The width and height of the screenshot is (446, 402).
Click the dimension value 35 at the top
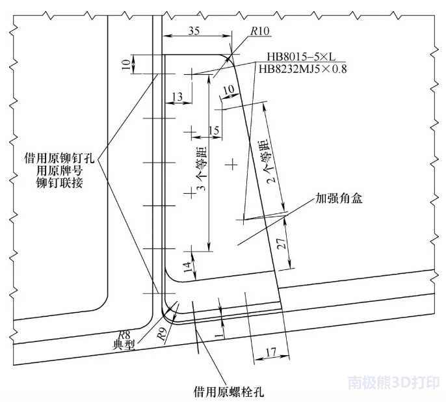[x=194, y=31]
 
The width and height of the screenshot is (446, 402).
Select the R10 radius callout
[x=259, y=31]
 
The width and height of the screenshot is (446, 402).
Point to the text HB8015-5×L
[x=301, y=57]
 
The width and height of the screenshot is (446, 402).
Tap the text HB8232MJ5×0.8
[x=303, y=69]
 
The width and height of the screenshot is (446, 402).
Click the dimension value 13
[x=177, y=97]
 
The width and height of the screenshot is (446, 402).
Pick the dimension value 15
[x=214, y=130]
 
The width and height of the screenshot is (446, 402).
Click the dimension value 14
[x=187, y=267]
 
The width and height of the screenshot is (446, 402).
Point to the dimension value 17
[x=270, y=352]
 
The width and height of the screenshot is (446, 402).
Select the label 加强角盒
[x=339, y=198]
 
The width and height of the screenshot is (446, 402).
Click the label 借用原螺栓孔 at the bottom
[x=229, y=391]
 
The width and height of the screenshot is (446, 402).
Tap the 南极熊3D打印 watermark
[x=394, y=382]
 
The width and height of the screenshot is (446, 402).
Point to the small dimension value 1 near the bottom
[x=218, y=336]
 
